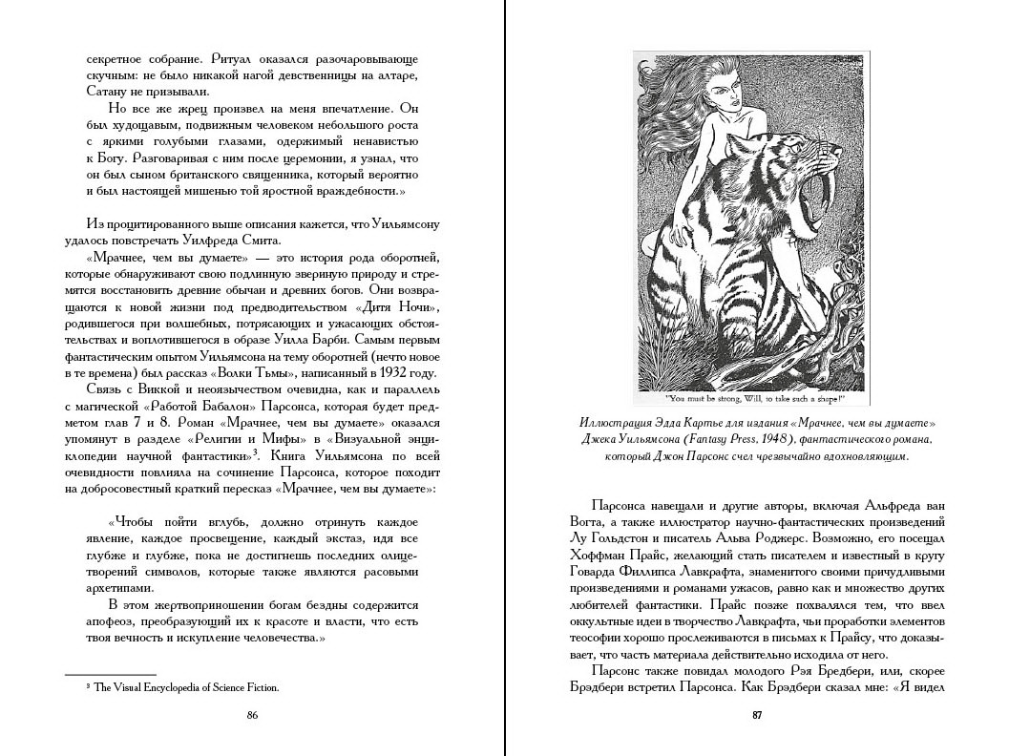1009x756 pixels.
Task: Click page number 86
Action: [252, 715]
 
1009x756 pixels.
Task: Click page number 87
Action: [756, 715]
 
